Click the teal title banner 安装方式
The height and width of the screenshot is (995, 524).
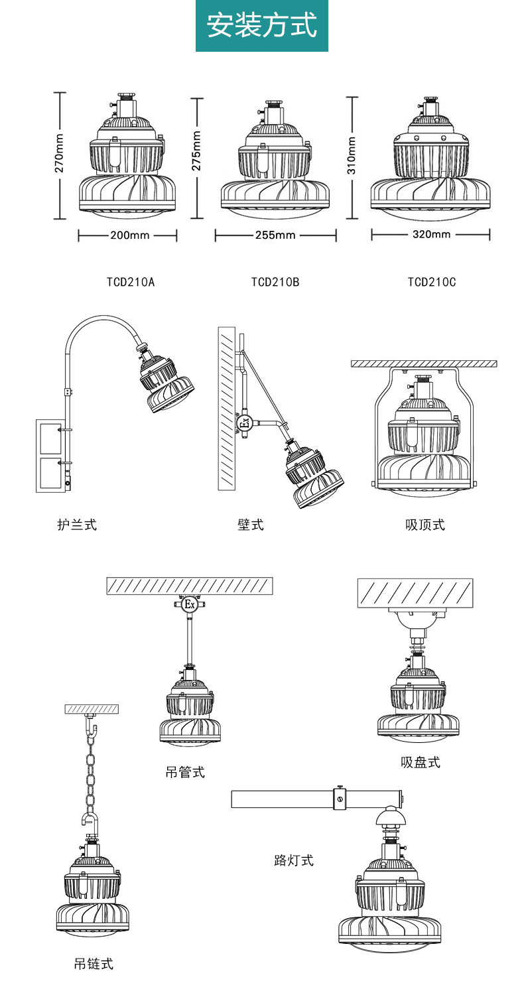[262, 25]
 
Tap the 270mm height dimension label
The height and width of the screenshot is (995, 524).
[59, 153]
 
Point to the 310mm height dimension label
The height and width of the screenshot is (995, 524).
[352, 155]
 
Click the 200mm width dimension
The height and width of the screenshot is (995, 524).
[129, 235]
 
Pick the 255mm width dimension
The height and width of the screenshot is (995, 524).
[275, 235]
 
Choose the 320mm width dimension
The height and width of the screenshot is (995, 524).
[431, 234]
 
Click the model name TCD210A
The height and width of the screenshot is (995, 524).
[131, 282]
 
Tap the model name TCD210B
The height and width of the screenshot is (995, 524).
[275, 282]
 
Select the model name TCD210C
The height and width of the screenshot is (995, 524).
[432, 282]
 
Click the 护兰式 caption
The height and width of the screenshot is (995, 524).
[77, 525]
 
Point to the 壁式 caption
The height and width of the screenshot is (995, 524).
[251, 525]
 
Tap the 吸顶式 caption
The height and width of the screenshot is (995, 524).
[425, 525]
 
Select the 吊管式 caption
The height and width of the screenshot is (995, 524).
[185, 771]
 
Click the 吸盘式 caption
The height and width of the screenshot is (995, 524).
[421, 762]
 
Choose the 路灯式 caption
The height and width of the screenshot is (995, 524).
[294, 860]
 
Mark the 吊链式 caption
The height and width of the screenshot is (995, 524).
[94, 963]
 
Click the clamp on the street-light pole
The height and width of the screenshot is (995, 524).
[340, 798]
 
